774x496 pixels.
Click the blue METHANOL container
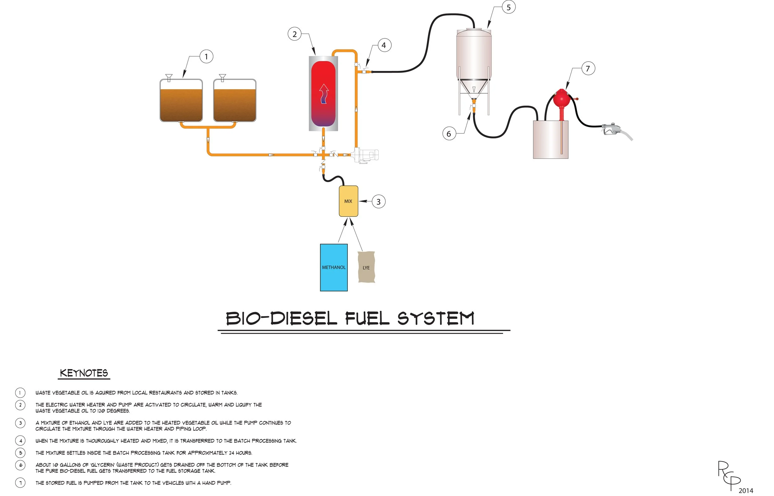[x=333, y=267]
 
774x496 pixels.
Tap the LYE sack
[x=366, y=267]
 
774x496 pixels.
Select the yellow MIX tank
[x=348, y=201]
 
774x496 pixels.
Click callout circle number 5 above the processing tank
[x=509, y=7]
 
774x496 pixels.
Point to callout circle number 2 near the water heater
[x=294, y=34]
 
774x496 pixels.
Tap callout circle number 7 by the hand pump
[x=588, y=69]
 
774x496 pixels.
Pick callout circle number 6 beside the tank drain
[x=449, y=134]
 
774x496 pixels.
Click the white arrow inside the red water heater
[x=324, y=94]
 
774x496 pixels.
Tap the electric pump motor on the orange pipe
[x=367, y=155]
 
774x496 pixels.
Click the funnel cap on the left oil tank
[x=169, y=78]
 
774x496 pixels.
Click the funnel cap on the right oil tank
[x=222, y=78]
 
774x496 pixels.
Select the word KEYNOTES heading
[x=84, y=373]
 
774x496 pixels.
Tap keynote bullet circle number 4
[x=20, y=441]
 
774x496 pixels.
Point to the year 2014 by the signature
[x=746, y=490]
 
